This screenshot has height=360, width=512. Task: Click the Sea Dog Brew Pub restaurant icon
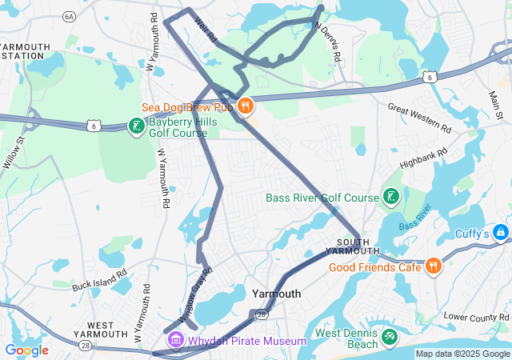coord(246,105)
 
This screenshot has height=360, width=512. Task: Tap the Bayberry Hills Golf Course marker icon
coord(136,125)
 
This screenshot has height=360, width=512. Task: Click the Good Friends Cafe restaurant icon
coord(433,266)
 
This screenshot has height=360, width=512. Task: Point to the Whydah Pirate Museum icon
coord(174,341)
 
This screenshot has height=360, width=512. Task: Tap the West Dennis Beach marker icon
coord(389,338)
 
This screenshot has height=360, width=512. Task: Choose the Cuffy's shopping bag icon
coord(501,233)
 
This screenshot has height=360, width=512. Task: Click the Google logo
coord(26,350)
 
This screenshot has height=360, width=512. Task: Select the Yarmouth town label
coord(276,294)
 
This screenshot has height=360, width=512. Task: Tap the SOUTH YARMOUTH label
coord(353,246)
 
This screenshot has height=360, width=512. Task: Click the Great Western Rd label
coord(420,117)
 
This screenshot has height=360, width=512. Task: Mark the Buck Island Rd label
coord(99,279)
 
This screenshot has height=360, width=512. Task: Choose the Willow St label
coord(14,152)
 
